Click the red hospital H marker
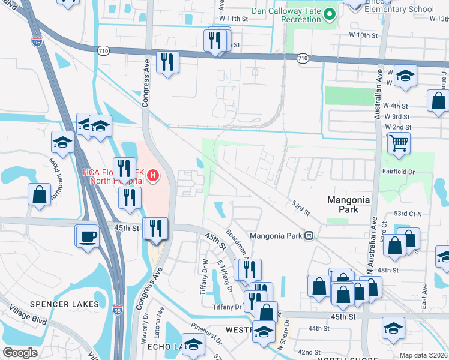coord(154,175)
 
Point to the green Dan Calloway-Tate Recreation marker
coord(329,13)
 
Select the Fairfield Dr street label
coord(399,172)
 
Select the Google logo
coord(20,353)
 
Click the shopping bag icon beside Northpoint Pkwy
coord(39,194)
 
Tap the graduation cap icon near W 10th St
coord(406,76)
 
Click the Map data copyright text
coord(423,355)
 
